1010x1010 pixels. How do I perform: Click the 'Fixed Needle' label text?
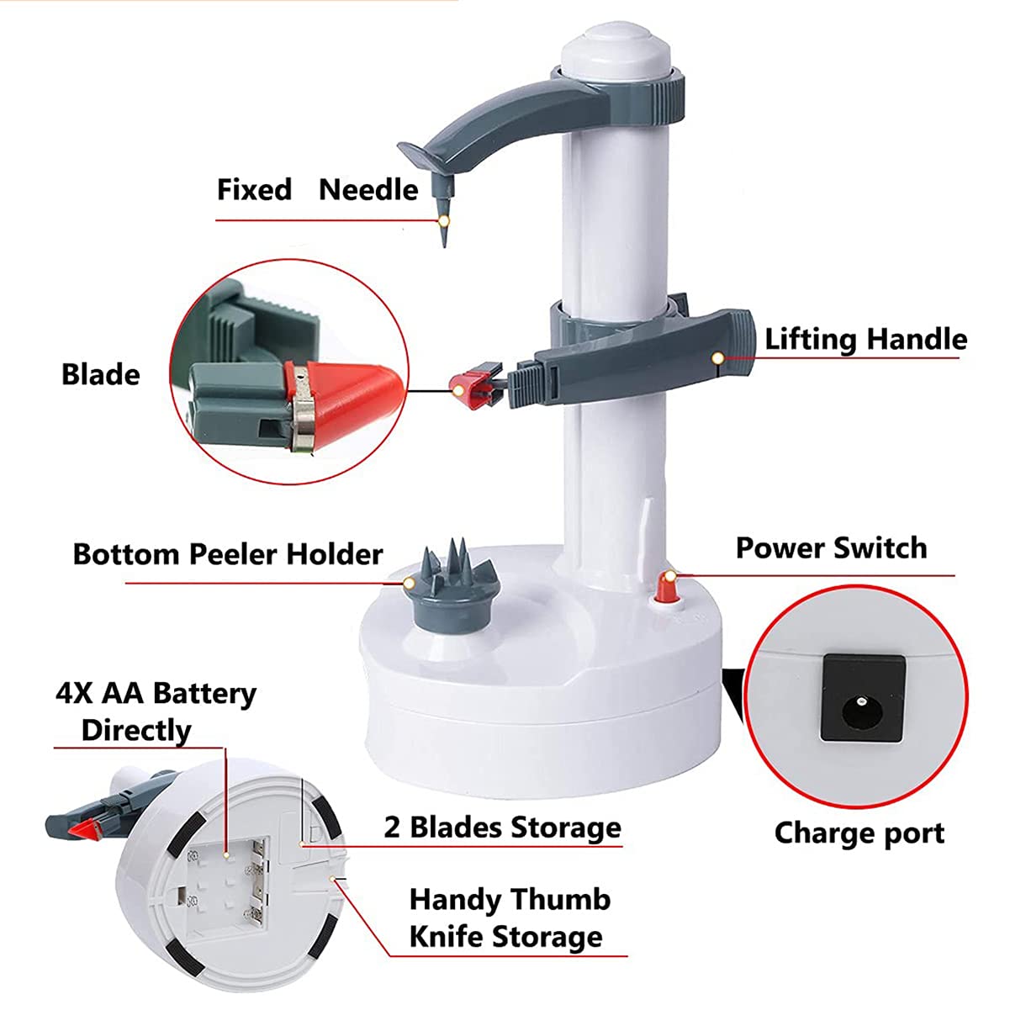[x=318, y=190]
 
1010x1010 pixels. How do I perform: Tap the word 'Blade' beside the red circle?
[x=101, y=375]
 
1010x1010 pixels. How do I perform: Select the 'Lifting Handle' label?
[x=866, y=339]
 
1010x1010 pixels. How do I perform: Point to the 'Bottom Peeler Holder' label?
[x=228, y=554]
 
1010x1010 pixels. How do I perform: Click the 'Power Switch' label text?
[x=832, y=548]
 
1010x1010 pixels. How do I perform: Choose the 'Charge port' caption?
[x=859, y=833]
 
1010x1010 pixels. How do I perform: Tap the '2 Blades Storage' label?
[x=503, y=828]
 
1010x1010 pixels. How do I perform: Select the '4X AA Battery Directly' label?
[x=156, y=711]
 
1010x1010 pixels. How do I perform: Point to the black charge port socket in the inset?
[x=863, y=697]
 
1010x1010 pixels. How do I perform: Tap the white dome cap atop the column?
[x=616, y=49]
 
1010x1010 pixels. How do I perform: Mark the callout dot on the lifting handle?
[x=718, y=358]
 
